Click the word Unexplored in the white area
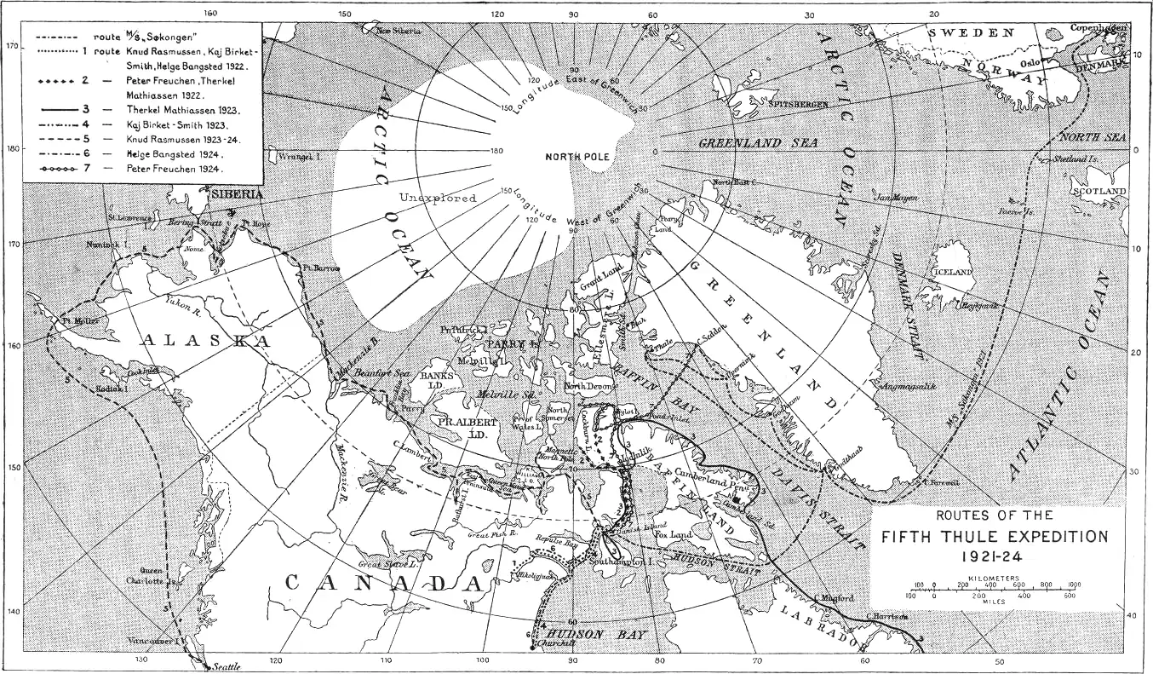coord(435,198)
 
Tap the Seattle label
coord(227,666)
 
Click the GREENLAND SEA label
coord(758,143)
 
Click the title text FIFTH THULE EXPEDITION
coord(995,537)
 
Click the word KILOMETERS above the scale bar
coord(994,578)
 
